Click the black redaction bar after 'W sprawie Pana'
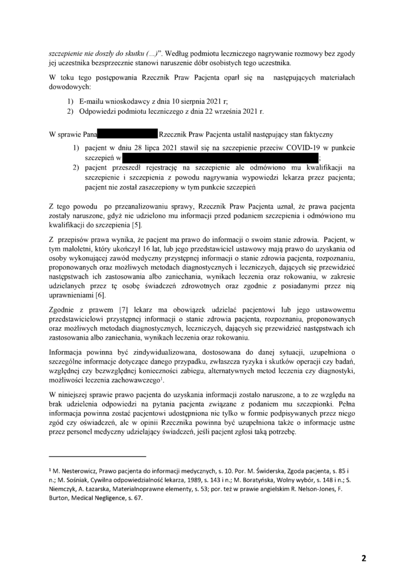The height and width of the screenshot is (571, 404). click(x=128, y=134)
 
